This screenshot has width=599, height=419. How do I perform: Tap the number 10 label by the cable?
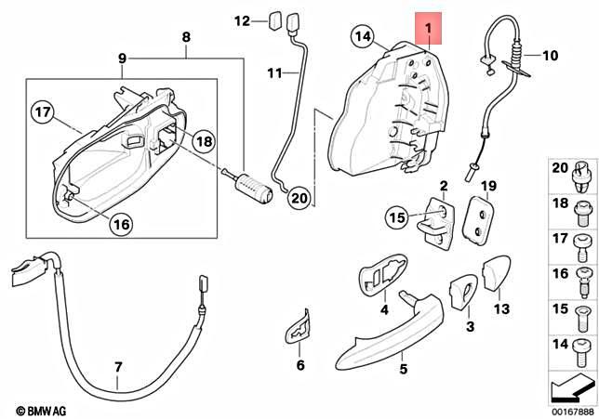coord(550,56)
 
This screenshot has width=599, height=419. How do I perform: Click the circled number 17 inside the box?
coord(41,114)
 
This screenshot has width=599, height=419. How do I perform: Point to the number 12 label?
coord(242,20)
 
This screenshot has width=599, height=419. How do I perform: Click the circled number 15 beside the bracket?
coord(398,218)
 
